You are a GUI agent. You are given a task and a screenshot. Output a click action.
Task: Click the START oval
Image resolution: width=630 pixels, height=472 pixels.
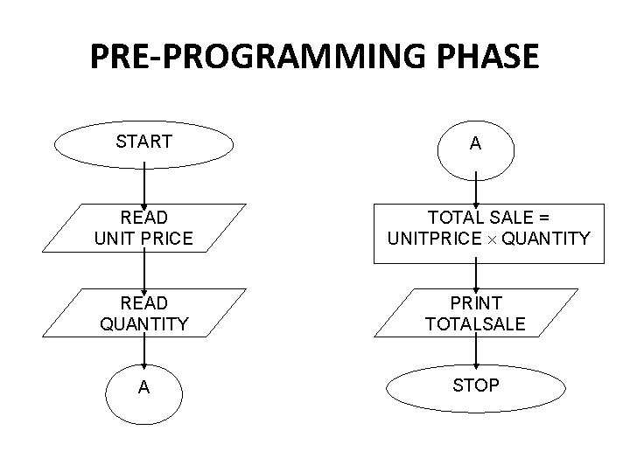pos(143,142)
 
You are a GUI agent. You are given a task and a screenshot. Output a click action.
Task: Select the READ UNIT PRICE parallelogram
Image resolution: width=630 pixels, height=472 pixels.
pos(143,227)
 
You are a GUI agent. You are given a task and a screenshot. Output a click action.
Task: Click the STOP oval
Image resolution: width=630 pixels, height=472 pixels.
pos(475,385)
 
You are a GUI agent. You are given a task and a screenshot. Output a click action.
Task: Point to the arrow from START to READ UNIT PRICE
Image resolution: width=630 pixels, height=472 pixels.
pos(143,185)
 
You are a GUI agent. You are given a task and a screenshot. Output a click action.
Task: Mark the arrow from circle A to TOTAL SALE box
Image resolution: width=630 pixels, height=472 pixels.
pos(475,188)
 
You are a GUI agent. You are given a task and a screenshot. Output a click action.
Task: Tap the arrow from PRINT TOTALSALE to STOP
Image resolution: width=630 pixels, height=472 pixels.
pos(475,351)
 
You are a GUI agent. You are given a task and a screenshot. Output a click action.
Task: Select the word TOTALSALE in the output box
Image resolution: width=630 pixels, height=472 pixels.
pos(475,324)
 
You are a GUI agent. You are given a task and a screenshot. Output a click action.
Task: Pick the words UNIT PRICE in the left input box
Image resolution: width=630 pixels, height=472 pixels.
pos(143,237)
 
